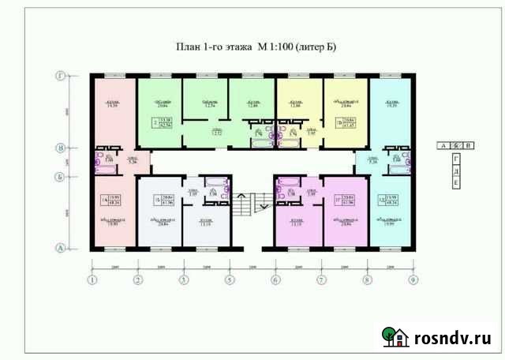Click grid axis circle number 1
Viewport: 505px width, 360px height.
tap(92, 279)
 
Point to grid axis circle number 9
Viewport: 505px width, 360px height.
tap(413, 279)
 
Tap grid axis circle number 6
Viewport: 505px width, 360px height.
tap(275, 279)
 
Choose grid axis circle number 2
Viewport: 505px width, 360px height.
tap(138, 279)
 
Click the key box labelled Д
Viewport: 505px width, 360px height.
tap(456, 170)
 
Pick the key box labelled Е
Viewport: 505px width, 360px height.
tap(456, 182)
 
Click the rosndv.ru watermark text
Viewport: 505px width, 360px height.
tap(451, 339)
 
